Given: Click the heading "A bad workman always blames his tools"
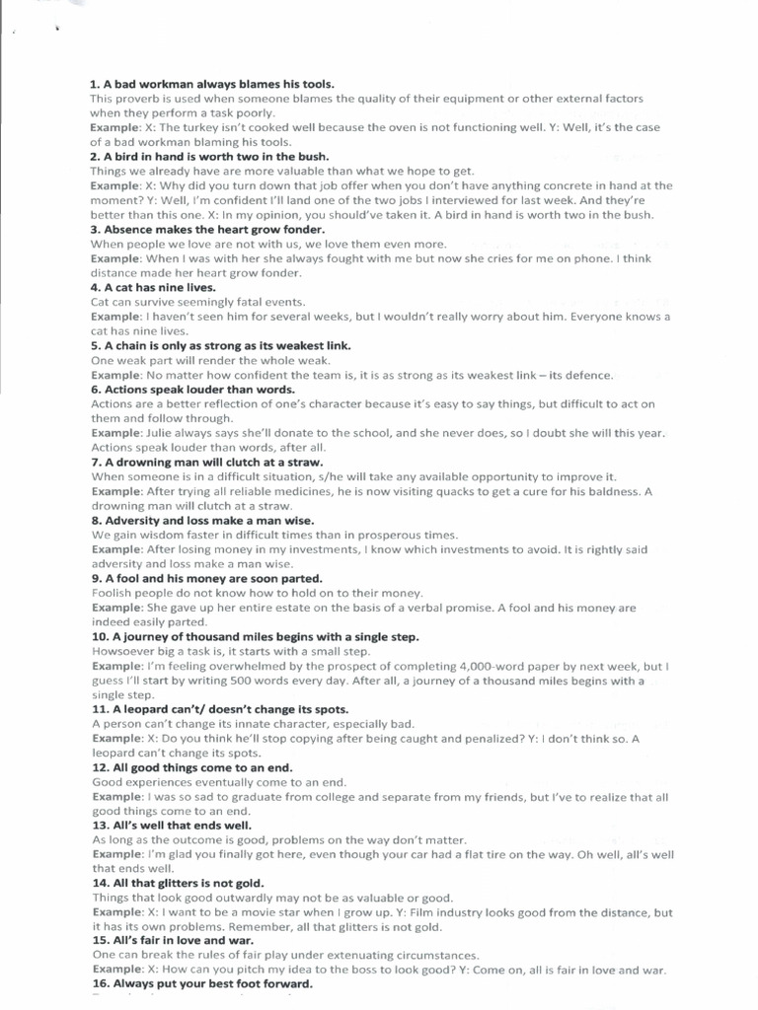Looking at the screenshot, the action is point(212,85).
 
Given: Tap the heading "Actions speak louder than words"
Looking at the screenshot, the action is point(192,390).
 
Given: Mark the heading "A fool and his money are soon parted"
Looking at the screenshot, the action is point(206,578).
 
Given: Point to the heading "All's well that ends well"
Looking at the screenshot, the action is point(172,825).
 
